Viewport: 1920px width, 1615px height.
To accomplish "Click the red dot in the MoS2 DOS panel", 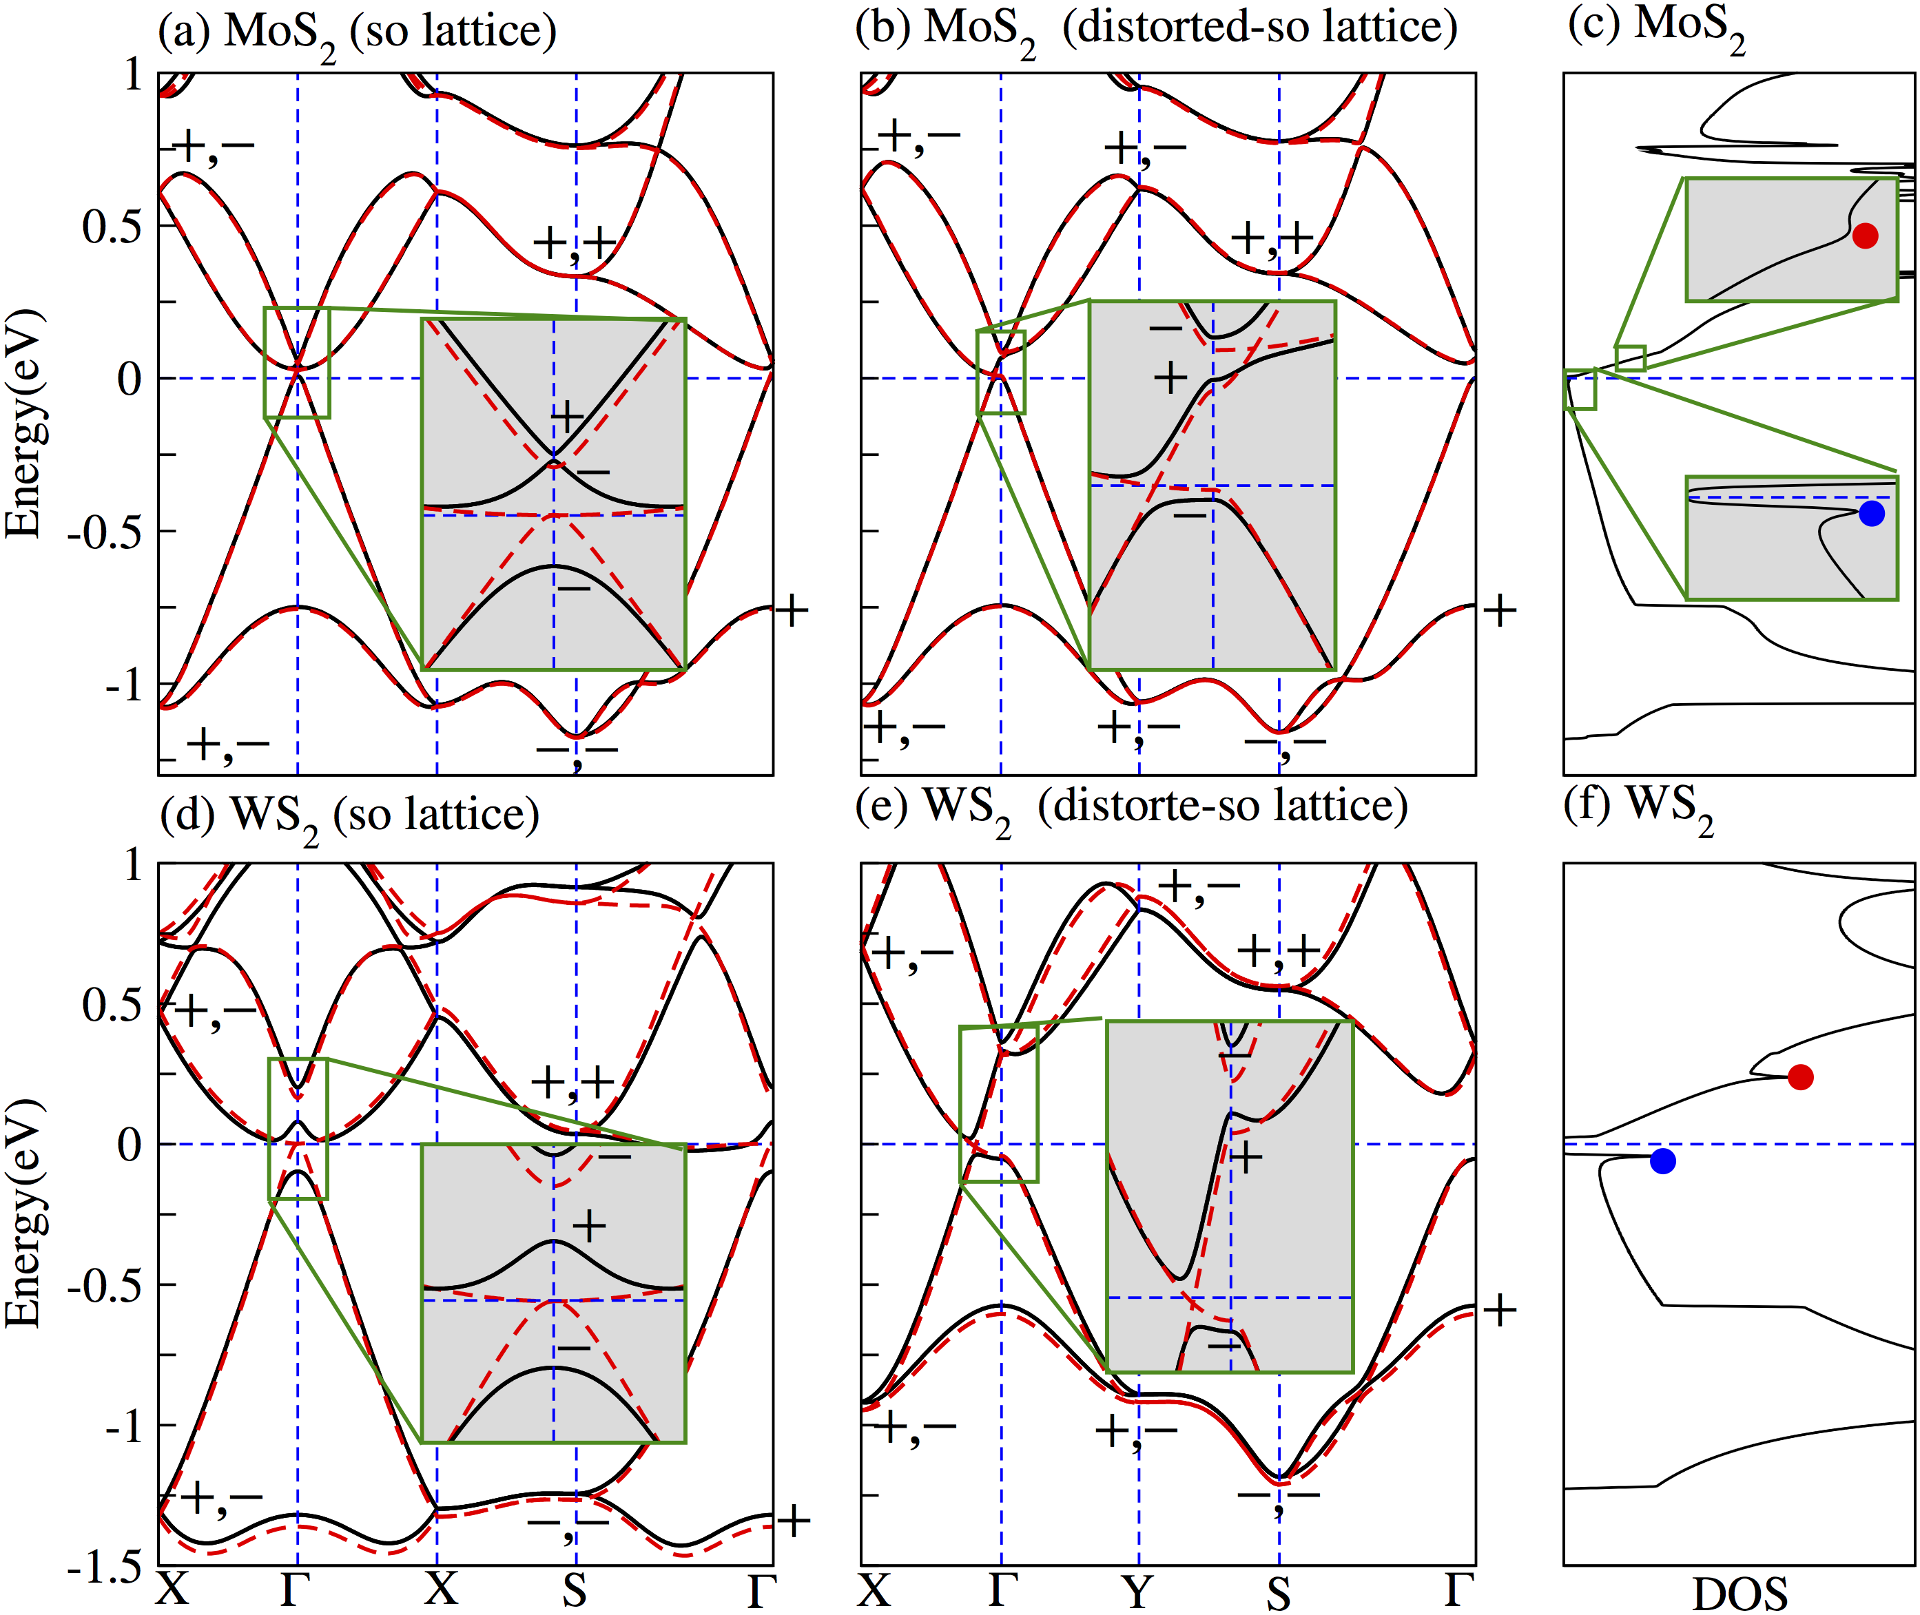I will coord(1865,236).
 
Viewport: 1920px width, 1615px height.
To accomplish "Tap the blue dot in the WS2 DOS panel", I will coord(1663,1161).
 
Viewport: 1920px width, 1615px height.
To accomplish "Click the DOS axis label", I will coord(1739,1593).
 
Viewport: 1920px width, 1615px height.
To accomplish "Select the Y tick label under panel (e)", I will coord(1138,1591).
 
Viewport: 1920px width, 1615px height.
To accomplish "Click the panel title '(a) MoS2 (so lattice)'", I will coord(357,33).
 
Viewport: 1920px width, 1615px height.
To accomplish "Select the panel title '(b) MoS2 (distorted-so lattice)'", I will coord(1155,30).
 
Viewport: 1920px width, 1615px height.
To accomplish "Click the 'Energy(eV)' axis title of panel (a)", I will coord(24,423).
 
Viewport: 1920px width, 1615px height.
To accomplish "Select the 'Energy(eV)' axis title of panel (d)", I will coord(24,1213).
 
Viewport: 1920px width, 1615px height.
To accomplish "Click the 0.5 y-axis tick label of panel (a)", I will coord(112,226).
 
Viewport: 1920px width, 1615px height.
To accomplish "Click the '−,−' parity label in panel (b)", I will coord(1285,743).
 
